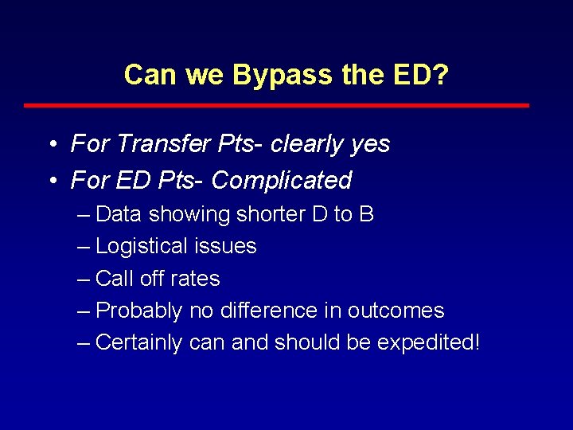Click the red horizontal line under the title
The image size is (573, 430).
[x=276, y=105]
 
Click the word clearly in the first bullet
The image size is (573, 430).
[x=301, y=144]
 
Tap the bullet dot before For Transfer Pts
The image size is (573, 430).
[x=51, y=145]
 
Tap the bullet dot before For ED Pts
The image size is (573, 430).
[x=51, y=181]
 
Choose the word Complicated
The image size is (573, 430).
[x=282, y=181]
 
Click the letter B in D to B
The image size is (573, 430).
[x=366, y=215]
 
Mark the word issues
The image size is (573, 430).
[x=227, y=247]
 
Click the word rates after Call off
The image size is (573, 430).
[x=197, y=279]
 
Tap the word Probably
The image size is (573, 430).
[x=139, y=311]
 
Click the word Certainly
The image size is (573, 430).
[x=138, y=342]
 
